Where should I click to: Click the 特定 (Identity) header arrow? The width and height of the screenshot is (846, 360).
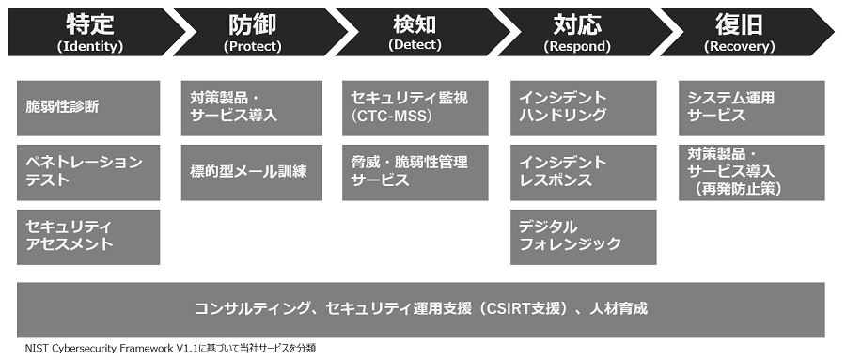tap(89, 31)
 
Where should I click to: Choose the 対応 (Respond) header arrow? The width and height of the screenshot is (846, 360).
tap(577, 31)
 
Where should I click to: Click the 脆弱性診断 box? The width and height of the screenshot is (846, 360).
tap(88, 107)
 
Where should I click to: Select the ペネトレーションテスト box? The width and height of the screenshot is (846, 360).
tap(88, 171)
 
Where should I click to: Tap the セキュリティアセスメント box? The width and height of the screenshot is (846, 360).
tap(88, 236)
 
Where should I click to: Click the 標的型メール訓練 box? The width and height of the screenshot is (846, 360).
tap(253, 171)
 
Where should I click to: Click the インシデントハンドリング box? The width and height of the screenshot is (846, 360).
tap(583, 107)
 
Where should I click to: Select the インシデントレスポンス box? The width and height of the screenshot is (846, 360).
tap(583, 171)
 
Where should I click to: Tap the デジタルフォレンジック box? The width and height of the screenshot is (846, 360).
tap(583, 236)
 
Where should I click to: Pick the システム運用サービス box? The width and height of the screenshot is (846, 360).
tap(751, 107)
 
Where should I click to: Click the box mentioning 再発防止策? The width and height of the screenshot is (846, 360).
tap(751, 171)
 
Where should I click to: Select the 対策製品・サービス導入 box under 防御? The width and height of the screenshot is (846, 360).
tap(253, 107)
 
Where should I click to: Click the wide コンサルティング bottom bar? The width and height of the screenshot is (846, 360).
tap(421, 308)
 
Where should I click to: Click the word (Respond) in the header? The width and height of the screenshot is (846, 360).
tap(576, 45)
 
